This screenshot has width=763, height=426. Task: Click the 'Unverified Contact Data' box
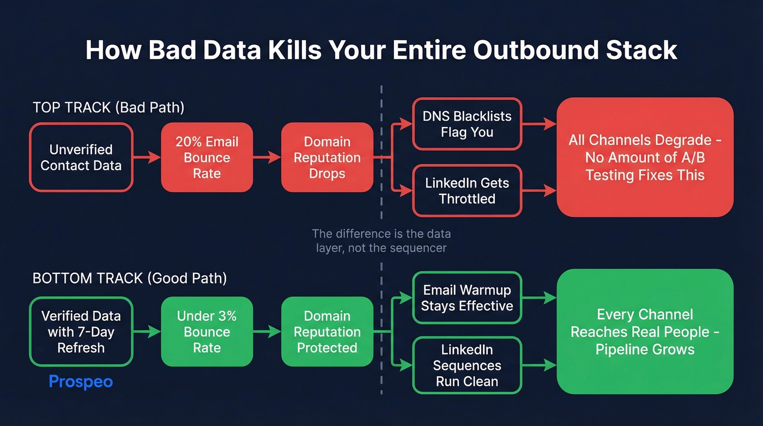81,158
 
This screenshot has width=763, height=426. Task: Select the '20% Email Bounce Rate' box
207,158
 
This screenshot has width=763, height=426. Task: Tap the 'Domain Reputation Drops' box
327,158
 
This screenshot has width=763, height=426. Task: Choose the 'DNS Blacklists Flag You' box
467,124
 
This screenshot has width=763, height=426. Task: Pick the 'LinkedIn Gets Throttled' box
467,191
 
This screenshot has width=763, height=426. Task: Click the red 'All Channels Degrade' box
645,158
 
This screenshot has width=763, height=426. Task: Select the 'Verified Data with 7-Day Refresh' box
81,332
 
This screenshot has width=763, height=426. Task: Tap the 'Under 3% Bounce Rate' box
207,332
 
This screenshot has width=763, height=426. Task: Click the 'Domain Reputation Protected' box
327,332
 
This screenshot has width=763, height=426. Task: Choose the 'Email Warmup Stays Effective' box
467,298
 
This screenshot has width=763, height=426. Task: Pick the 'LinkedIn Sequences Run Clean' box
467,365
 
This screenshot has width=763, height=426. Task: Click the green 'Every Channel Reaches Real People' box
645,332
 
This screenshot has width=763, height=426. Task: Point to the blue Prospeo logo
81,381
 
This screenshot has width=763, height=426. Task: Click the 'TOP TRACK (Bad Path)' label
108,107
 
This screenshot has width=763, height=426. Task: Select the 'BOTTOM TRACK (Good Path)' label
130,278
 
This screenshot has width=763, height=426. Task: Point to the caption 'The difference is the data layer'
381,241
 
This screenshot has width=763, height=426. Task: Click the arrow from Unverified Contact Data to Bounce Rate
147,158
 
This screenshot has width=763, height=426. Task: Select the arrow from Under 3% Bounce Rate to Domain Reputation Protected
267,332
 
